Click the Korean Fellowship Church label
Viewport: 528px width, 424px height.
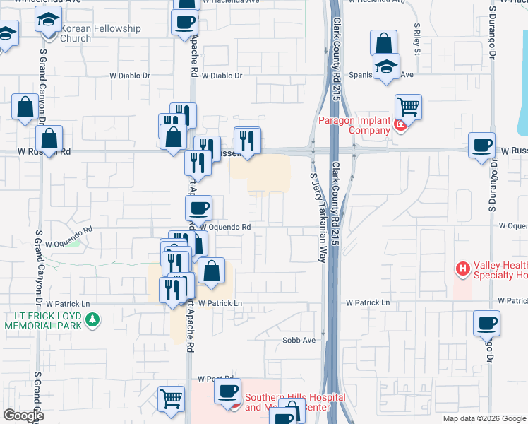click(x=100, y=33)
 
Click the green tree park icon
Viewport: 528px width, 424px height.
click(x=92, y=321)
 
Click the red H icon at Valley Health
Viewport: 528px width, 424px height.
click(x=463, y=269)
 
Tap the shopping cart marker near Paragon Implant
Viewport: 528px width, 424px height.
click(x=408, y=107)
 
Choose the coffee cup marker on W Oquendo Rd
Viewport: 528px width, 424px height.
click(x=198, y=208)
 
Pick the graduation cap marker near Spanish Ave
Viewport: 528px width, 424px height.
click(x=386, y=66)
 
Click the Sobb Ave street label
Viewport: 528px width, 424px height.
click(x=299, y=340)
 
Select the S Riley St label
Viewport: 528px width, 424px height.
click(x=417, y=42)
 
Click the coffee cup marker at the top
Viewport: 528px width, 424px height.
click(x=184, y=21)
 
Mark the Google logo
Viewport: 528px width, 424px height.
click(x=23, y=416)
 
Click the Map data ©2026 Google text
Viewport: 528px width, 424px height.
click(x=484, y=418)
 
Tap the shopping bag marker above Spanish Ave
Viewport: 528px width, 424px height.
click(x=383, y=44)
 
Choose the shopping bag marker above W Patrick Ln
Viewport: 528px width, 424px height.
click(x=211, y=270)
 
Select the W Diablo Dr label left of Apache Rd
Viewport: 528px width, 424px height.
click(x=131, y=76)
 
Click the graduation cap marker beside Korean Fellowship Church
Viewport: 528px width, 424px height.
click(x=48, y=21)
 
